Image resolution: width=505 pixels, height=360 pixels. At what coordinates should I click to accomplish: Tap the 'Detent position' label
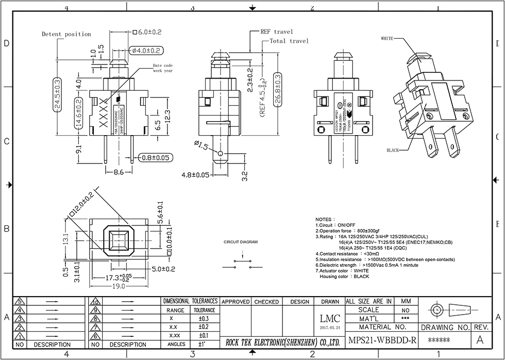66,34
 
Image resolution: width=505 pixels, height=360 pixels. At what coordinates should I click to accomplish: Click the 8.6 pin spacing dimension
118,172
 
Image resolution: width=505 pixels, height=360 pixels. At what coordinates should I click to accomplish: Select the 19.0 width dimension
119,286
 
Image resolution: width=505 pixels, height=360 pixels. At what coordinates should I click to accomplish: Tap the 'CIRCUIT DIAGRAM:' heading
241,242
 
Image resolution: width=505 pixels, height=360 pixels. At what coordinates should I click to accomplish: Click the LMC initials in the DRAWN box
330,319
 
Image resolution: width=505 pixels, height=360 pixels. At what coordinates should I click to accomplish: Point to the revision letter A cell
480,340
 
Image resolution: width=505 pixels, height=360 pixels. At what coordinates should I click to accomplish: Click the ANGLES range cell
176,344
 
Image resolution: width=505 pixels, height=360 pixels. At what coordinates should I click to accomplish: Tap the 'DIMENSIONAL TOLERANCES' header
190,301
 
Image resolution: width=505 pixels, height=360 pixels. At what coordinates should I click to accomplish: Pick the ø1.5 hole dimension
201,146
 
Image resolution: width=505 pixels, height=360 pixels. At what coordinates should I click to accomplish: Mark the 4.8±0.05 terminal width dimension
195,175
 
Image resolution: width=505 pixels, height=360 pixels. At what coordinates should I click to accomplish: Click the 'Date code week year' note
163,69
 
